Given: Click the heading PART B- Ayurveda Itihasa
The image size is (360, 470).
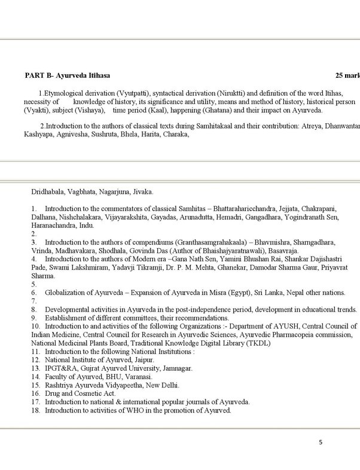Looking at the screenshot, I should click(x=67, y=76).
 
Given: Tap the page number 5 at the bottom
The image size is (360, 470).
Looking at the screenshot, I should click(x=321, y=442).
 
